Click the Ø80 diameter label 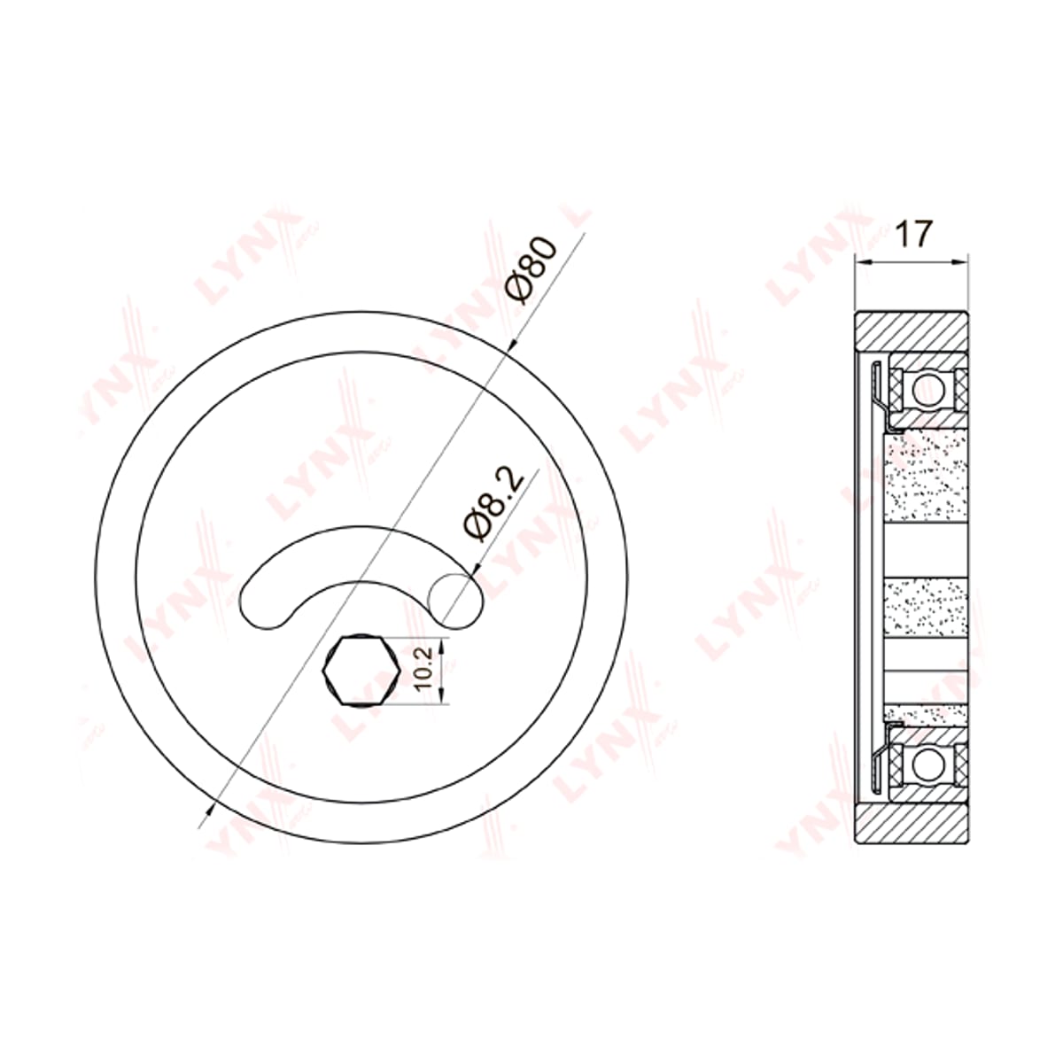coord(531,270)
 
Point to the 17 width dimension coord(913,234)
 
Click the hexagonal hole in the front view coord(362,671)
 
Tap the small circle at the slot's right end coord(456,601)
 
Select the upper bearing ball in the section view coord(929,391)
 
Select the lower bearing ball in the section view coord(929,765)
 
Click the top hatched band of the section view coord(912,332)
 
